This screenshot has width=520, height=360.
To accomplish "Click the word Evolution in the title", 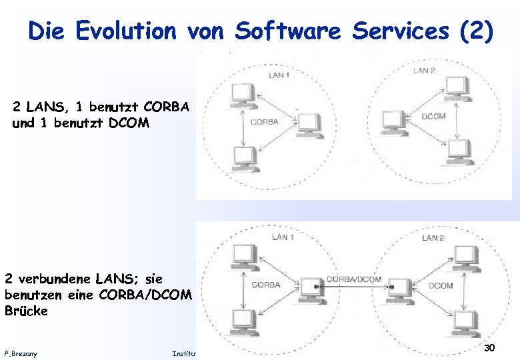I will pos(127,31).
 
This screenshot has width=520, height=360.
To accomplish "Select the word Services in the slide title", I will pos(393,31).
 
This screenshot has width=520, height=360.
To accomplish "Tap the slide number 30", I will pos(489,348).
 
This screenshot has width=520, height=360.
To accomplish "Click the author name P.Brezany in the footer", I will pos(21,353).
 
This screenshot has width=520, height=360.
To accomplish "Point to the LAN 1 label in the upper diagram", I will pos(279,75).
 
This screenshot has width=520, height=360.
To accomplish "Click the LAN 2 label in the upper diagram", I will pos(424,70).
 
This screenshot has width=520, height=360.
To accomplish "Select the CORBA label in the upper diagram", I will pos(264,122).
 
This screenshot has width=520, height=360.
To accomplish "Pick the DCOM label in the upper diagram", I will pos(433,117).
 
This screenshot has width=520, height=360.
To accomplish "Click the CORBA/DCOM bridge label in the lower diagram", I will pos(354,279).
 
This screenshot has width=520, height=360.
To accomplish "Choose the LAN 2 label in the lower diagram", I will pos(433,237).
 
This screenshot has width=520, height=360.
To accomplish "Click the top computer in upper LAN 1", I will pos(240,95).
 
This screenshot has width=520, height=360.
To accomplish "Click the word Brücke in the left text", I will pos(26,311).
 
